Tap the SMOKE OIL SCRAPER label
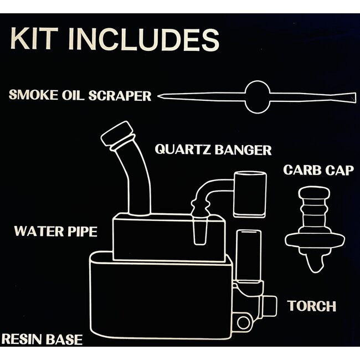click(x=80, y=95)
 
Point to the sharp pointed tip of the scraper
click(x=161, y=97)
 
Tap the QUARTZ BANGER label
click(x=213, y=150)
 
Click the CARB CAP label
click(x=318, y=170)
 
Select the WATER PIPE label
click(x=55, y=231)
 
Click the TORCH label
click(x=312, y=306)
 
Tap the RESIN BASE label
click(x=42, y=339)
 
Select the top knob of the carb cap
click(x=314, y=194)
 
